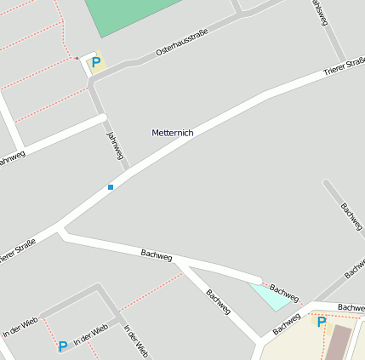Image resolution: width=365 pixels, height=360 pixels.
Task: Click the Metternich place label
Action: (173, 133)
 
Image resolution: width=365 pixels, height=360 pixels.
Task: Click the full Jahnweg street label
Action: (115, 146)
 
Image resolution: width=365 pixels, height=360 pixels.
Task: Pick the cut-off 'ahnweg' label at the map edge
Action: (12, 157)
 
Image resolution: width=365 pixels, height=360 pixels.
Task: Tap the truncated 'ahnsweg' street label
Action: (319, 13)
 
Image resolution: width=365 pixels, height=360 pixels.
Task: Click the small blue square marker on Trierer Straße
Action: (111, 186)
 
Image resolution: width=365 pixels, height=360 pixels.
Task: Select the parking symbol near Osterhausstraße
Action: (96, 62)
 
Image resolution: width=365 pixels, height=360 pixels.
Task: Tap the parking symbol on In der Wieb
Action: (62, 346)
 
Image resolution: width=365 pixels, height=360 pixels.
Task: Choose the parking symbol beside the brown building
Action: (321, 322)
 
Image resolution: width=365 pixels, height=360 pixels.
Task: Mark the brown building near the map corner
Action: (338, 341)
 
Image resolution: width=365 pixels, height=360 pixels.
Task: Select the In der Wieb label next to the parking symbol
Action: (91, 335)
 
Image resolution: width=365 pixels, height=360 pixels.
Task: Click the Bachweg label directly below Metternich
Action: (157, 254)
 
